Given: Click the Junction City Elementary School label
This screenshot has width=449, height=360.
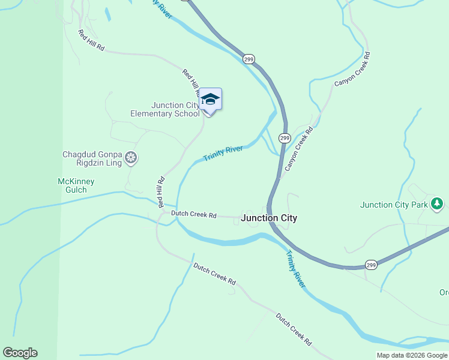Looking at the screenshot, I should coord(165,109).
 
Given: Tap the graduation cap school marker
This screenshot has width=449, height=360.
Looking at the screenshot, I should coord(210,99).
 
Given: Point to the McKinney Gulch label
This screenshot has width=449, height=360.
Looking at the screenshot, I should coord(72,185).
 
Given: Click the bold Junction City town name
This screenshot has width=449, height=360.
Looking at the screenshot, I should coord(269,218).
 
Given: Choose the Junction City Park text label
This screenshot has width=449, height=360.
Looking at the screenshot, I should coord(394,205).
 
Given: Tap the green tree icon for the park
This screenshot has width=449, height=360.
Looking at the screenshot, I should coord(437,205).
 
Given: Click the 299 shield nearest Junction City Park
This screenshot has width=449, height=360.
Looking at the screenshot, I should coord(372,265).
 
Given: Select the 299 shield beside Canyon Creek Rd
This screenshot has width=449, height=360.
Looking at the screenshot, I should coord(285,137).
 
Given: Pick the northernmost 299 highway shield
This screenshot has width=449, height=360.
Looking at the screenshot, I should coord(249,59).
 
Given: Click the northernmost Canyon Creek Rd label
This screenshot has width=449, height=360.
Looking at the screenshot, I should coord(352,68).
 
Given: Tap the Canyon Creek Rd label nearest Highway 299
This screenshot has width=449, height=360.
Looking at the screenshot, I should coord(299,149).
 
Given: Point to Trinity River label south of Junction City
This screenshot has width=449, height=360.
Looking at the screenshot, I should coord(295,268).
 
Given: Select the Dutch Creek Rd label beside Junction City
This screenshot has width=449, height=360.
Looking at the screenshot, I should coord(193,214).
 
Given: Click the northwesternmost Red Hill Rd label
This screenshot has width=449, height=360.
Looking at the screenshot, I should coord(91,40).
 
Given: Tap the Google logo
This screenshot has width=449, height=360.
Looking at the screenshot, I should coord(20,353).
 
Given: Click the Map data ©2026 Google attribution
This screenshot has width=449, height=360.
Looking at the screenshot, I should coord(412,355).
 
